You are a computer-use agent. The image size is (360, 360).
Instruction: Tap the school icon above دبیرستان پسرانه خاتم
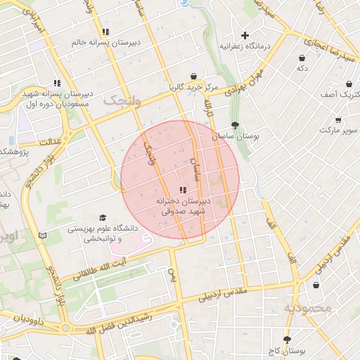tap(105, 32)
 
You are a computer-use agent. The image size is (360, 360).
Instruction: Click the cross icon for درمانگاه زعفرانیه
tap(245, 35)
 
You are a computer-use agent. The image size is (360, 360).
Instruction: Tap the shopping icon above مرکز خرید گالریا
tap(193, 77)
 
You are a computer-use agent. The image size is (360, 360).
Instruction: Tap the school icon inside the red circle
tap(184, 190)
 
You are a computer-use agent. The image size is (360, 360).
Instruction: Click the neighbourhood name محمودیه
tap(307, 308)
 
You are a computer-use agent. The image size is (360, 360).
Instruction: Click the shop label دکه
tap(302, 68)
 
